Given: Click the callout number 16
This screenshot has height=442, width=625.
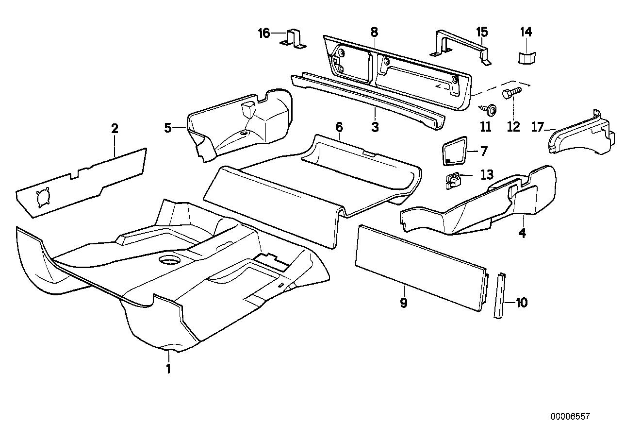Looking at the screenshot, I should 263,33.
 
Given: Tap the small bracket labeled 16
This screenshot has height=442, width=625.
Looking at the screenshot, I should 294,39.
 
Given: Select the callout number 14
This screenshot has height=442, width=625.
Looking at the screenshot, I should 526,32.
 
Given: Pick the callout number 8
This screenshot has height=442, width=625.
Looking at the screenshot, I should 374,32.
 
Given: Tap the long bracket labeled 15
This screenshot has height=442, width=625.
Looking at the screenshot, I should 459,47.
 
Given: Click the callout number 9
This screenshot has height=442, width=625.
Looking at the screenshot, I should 404,303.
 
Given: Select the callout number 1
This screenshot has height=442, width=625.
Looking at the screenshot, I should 168,369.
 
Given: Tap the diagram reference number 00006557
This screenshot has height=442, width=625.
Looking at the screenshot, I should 570,416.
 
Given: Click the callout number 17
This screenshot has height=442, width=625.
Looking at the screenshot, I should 537,127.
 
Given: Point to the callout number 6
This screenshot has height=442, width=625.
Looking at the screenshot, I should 339,127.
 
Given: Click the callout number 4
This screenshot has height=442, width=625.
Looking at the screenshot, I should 522,233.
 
